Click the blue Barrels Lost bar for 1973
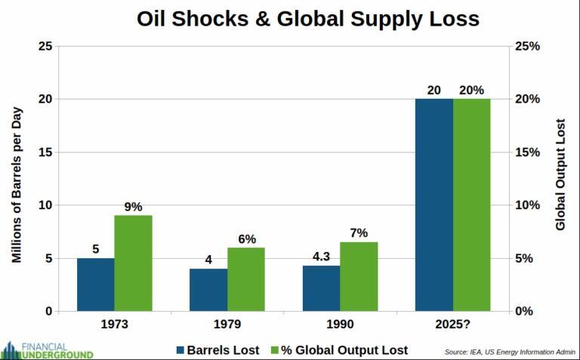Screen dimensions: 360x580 (95, 285)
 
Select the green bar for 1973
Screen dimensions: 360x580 (133, 263)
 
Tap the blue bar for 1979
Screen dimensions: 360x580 (208, 290)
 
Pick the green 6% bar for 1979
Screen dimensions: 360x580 (246, 279)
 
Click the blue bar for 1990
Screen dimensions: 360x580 (321, 288)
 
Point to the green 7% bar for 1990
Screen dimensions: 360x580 (359, 276)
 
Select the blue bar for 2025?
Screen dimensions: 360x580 (434, 205)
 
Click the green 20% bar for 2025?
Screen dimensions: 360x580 (472, 205)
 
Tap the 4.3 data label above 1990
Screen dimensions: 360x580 (321, 257)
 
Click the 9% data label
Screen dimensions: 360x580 (134, 206)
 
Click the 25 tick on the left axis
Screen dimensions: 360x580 (45, 46)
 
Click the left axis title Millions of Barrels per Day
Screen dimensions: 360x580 (17, 178)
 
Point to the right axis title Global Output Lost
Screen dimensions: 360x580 (560, 174)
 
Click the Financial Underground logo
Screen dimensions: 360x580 (47, 349)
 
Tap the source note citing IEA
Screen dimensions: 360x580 (509, 351)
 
